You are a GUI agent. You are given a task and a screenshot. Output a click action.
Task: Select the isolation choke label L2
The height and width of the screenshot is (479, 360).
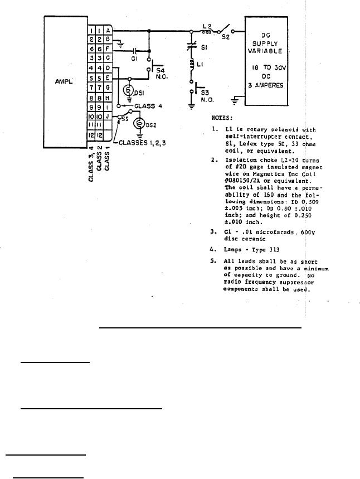(206, 26)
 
